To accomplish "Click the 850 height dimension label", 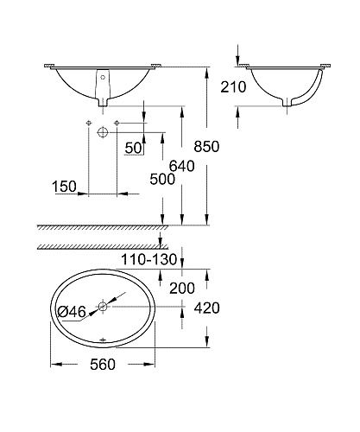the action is pyautogui.click(x=206, y=146).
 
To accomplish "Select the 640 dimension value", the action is pyautogui.click(x=181, y=166).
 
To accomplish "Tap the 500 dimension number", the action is pyautogui.click(x=162, y=179).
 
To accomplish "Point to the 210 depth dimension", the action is pyautogui.click(x=233, y=87).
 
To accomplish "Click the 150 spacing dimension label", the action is pyautogui.click(x=64, y=187).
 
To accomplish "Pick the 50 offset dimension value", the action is pyautogui.click(x=134, y=148).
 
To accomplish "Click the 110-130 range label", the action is pyautogui.click(x=148, y=259).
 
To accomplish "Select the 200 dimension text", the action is pyautogui.click(x=182, y=288).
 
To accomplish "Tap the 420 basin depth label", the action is pyautogui.click(x=206, y=308).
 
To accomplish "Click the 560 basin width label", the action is pyautogui.click(x=103, y=365).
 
